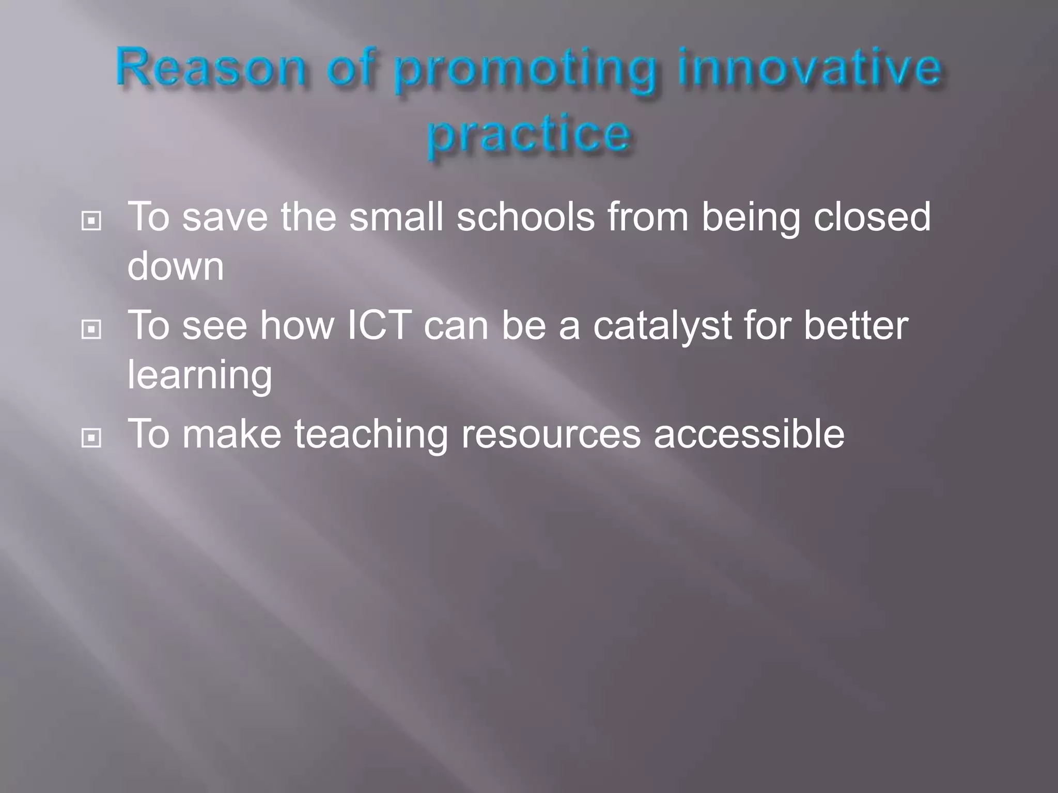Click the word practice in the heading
(529, 135)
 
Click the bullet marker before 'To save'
(91, 221)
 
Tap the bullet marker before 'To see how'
(91, 329)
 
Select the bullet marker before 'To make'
(91, 438)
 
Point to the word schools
(525, 217)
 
